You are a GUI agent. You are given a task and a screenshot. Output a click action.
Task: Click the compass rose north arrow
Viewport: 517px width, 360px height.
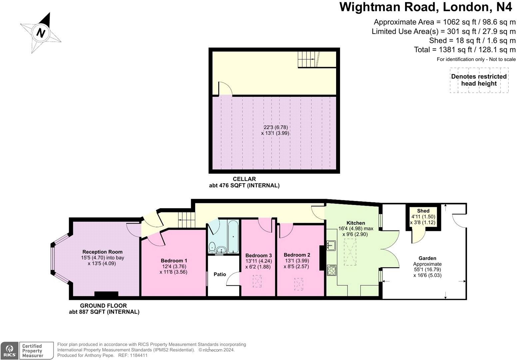coord(41,33)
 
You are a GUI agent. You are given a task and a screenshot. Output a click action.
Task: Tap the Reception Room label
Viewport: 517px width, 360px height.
coord(102,252)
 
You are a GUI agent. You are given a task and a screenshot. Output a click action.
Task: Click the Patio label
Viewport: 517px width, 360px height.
coord(220,274)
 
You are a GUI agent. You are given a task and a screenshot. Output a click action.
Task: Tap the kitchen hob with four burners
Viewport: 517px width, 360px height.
coord(332,270)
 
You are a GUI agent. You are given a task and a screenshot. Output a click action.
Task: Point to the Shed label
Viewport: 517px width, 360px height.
coord(423,211)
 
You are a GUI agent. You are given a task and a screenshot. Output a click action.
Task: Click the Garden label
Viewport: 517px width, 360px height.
coord(427,258)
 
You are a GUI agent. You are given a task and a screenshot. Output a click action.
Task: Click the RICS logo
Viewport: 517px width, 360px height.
coord(9,351)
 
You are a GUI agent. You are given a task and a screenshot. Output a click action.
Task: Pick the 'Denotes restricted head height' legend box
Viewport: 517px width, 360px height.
coord(479,80)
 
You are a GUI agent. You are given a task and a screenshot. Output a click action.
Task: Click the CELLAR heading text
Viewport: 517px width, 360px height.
coord(244,179)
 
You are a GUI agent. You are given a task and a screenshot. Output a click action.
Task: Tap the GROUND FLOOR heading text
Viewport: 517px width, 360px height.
coord(104,306)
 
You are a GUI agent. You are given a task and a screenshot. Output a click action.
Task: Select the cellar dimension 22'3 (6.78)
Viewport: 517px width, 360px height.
coord(275,127)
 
